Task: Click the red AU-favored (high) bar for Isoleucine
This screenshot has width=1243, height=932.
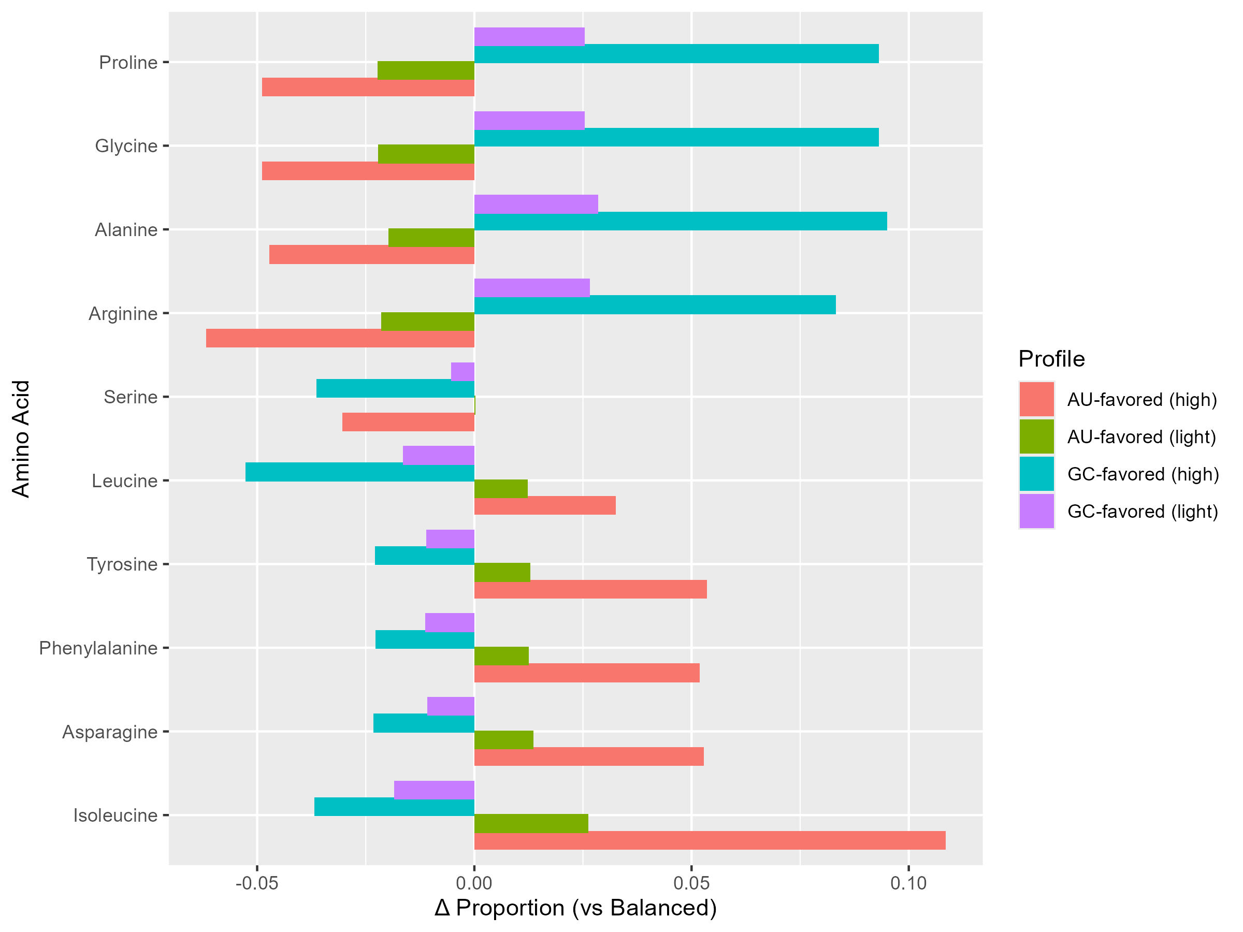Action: (709, 840)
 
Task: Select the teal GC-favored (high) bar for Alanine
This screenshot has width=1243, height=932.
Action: (680, 221)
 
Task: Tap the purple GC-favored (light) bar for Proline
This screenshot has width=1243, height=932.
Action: (529, 37)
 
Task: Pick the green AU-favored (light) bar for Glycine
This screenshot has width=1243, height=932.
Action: (426, 154)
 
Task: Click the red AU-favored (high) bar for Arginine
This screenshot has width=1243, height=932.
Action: (340, 338)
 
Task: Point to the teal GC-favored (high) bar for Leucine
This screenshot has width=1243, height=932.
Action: (359, 472)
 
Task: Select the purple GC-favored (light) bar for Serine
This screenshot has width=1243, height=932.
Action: (462, 371)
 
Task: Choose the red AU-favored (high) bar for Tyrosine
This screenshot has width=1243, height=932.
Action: (590, 589)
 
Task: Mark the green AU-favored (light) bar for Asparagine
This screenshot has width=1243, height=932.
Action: (503, 740)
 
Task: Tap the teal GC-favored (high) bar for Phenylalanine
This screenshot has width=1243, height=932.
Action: (425, 639)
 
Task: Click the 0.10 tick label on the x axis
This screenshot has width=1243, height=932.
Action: (908, 884)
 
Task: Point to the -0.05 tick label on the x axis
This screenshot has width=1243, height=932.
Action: (257, 884)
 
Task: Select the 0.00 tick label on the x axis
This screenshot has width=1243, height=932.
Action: (474, 884)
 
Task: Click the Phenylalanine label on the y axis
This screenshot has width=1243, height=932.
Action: (98, 648)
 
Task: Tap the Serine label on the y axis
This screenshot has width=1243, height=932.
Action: (131, 397)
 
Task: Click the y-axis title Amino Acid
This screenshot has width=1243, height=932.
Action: (21, 438)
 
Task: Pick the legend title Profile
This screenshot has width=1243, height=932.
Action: (1051, 359)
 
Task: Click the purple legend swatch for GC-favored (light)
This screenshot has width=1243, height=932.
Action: (1037, 511)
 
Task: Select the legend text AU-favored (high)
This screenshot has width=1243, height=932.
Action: (1142, 399)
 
